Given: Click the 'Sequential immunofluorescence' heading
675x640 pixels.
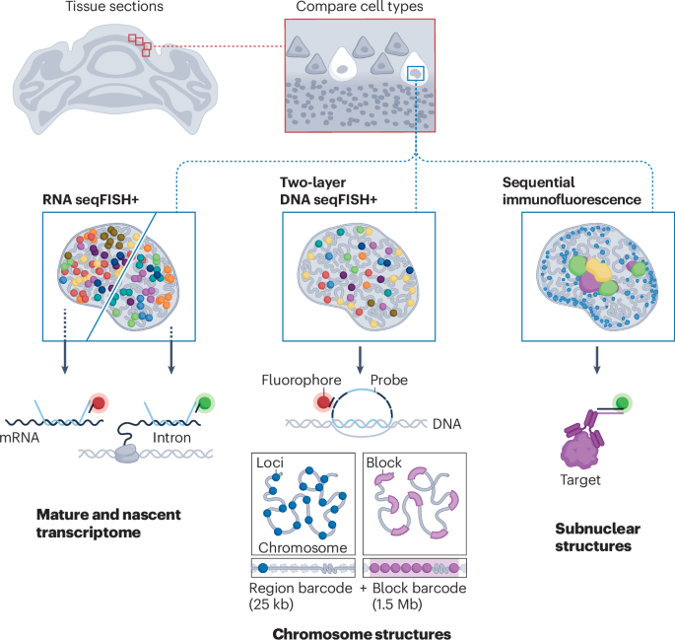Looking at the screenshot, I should click(x=573, y=190).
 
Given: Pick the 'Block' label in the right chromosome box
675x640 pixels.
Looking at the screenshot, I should click(x=384, y=461).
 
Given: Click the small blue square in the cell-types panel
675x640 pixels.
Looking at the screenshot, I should click(x=416, y=73).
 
